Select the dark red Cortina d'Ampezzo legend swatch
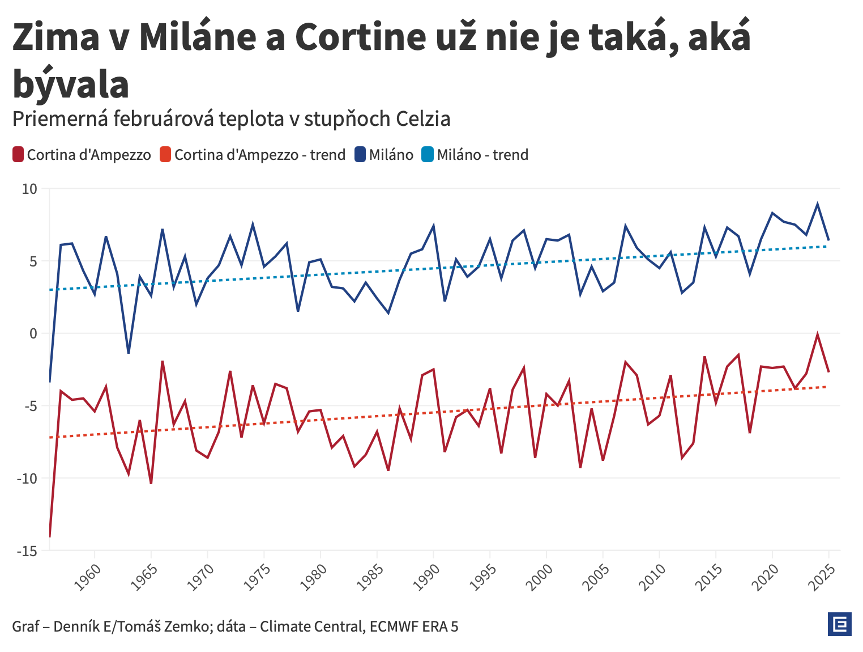tap(18, 155)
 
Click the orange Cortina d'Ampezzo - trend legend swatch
tap(165, 155)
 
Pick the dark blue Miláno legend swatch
tap(360, 155)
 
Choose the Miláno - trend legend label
tap(482, 155)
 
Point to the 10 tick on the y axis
tap(29, 189)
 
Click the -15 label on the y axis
tap(27, 551)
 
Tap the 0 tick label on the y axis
tap(33, 333)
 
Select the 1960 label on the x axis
tap(88, 577)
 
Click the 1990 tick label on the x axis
tap(427, 577)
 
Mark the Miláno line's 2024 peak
tap(817, 204)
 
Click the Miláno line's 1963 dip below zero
tap(129, 353)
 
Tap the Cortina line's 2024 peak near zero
tap(817, 334)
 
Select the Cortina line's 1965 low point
tap(151, 483)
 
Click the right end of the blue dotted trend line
tap(827, 246)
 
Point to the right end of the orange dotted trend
tap(827, 387)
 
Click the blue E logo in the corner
tap(839, 624)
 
